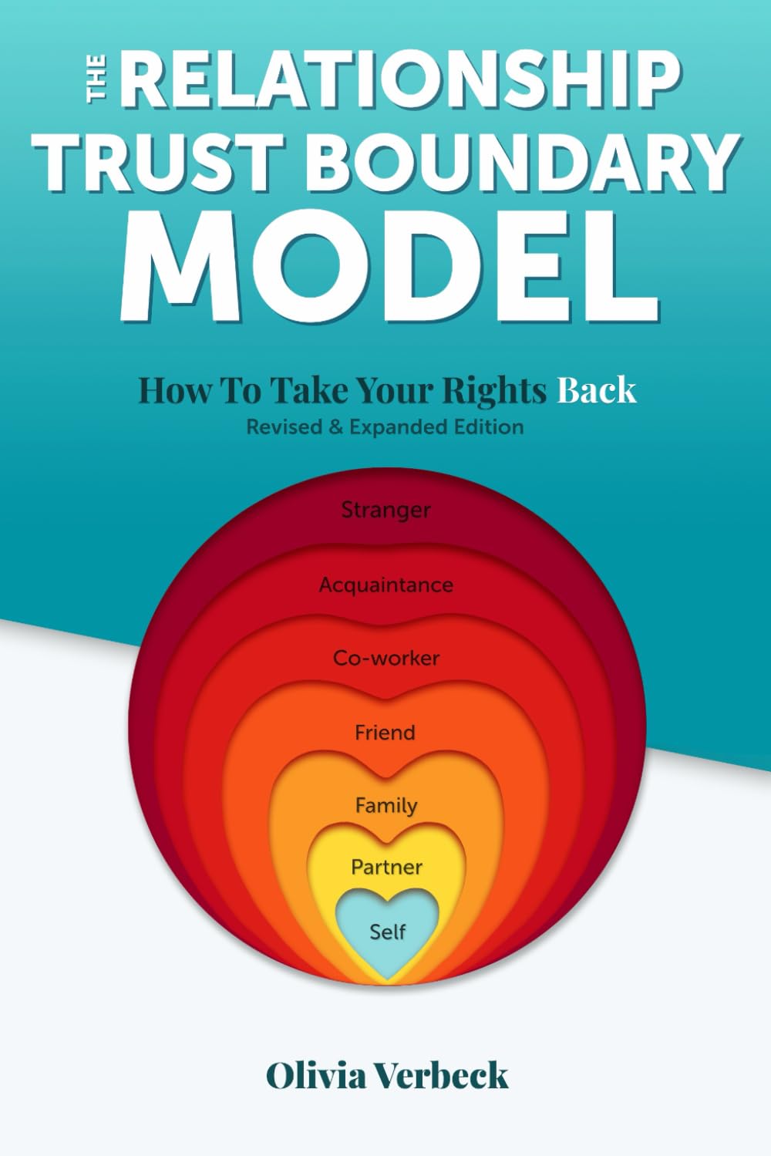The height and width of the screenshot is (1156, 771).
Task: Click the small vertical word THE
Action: coord(96,79)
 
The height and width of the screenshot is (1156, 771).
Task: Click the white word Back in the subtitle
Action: coord(596,390)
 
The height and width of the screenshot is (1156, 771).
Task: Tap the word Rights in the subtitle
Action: coord(494,390)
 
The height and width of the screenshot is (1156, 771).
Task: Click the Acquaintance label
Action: coord(386,585)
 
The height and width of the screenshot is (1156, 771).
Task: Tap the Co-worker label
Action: coord(386,658)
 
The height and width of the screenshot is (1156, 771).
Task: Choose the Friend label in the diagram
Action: coord(385,733)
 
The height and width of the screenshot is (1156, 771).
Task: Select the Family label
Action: coord(386,806)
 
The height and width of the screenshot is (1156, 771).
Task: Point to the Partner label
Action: coord(386,867)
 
